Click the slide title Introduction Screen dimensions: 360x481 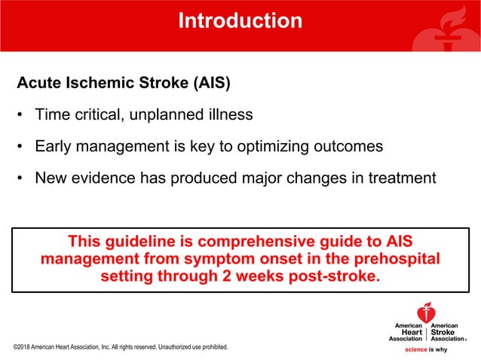(240, 20)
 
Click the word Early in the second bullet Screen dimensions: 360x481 (52, 146)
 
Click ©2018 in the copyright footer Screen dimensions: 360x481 (23, 348)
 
